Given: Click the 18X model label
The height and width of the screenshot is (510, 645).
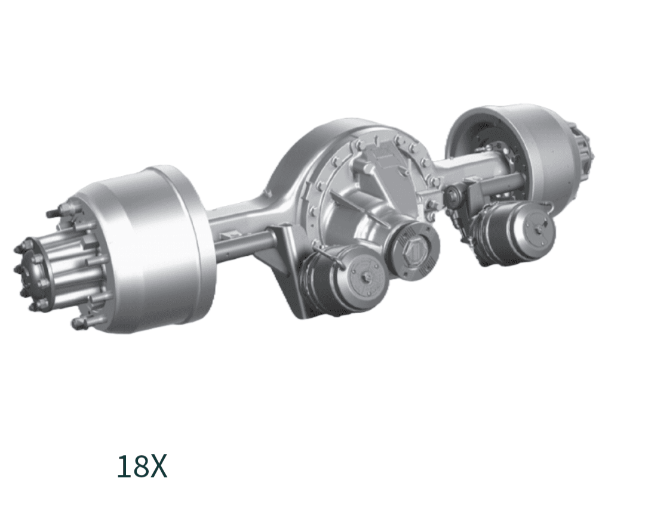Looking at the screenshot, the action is [x=142, y=466].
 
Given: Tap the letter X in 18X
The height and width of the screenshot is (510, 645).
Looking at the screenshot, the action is [x=158, y=466].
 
